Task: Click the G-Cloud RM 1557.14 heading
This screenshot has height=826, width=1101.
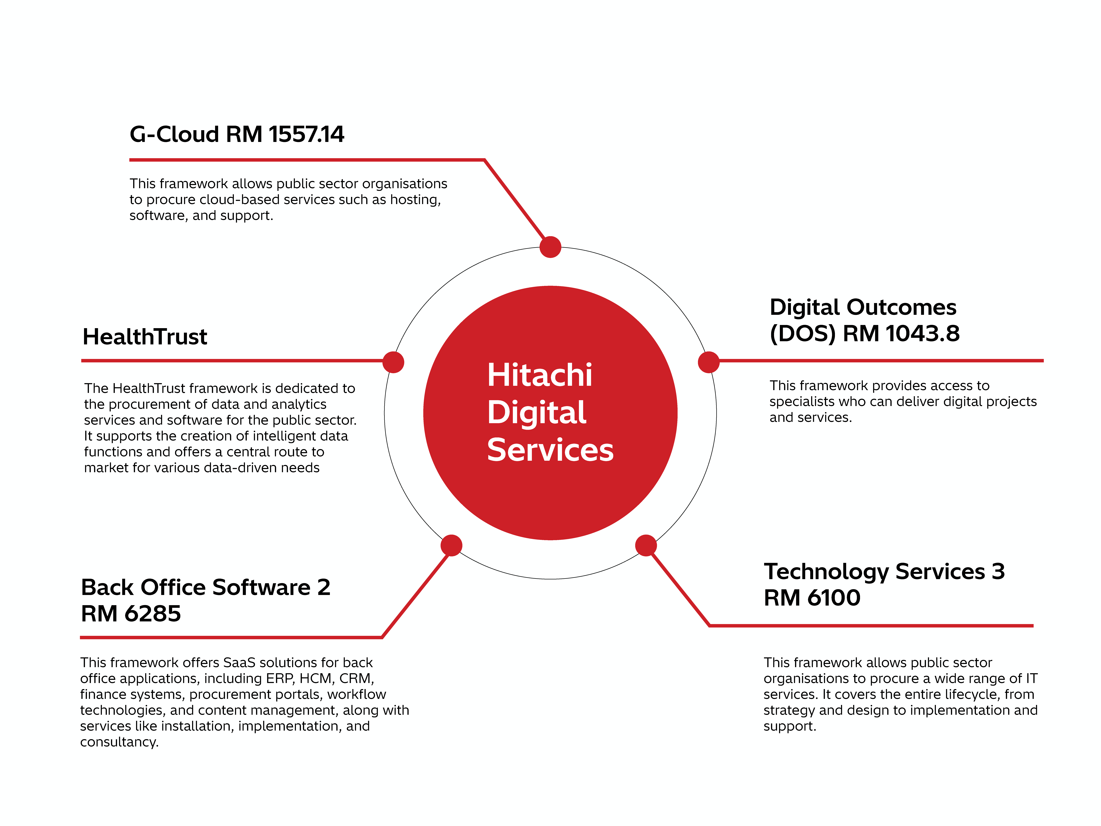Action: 237,134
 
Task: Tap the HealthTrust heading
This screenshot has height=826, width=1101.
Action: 145,337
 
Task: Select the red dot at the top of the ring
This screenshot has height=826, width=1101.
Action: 550,247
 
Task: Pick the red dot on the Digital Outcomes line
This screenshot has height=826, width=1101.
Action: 709,362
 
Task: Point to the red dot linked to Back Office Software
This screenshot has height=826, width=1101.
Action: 451,545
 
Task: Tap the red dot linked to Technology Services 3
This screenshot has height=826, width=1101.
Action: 646,545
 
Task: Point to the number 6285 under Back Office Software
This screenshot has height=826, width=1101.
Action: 153,614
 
